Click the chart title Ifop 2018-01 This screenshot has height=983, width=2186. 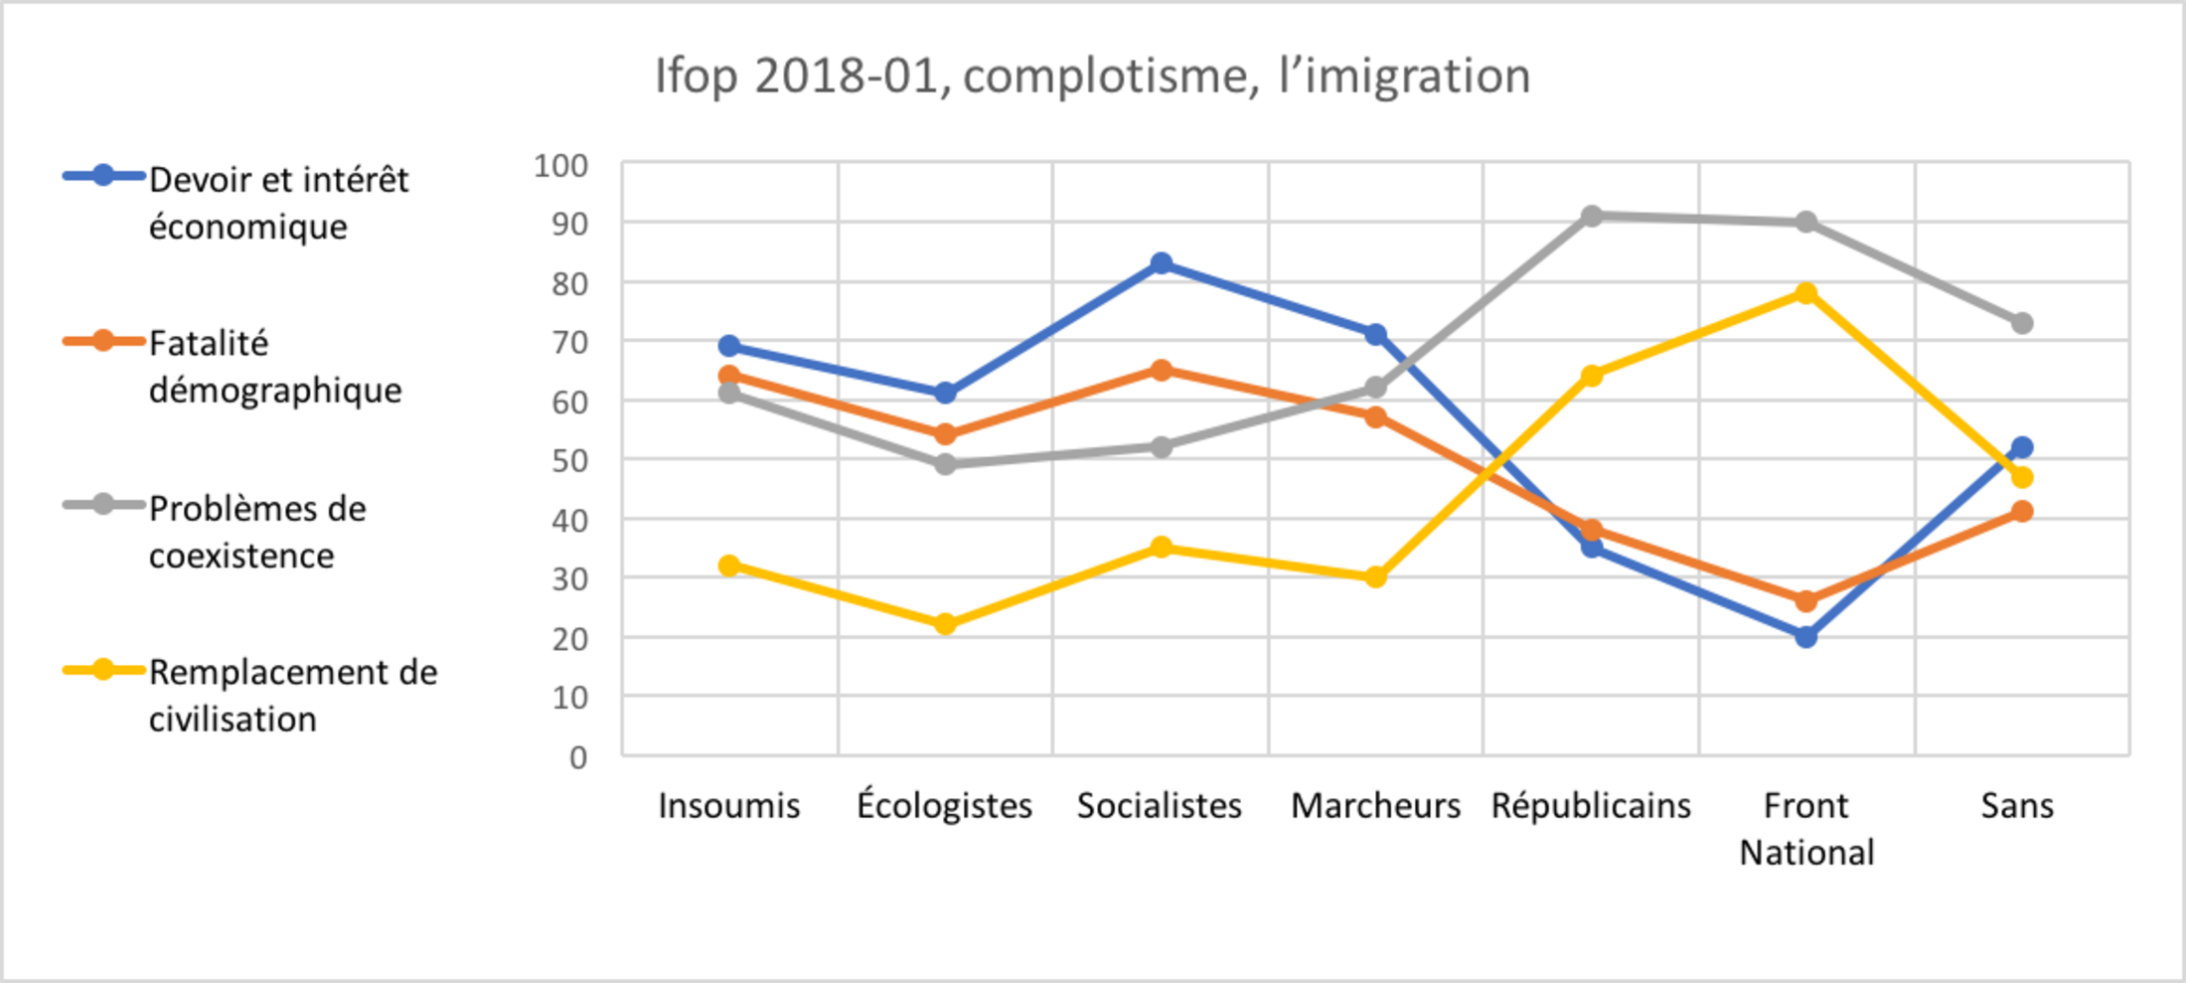pos(1091,77)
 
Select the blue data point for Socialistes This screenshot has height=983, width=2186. pos(1161,263)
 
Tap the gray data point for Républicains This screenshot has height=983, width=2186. pos(1591,216)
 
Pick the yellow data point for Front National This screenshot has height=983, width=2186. pos(1806,293)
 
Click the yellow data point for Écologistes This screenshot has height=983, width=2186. pos(945,624)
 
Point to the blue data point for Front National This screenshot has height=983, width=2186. pos(1806,636)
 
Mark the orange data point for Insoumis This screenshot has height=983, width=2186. pos(729,376)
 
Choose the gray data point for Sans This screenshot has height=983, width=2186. pos(2021,323)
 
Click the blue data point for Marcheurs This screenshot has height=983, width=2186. pos(1375,334)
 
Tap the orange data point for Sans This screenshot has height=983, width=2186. pos(2021,512)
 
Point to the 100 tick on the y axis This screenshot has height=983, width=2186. pos(561,166)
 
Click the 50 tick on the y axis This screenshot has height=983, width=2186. pos(569,461)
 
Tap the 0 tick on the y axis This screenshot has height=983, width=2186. pos(578,757)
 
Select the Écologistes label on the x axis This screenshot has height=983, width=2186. pos(945,805)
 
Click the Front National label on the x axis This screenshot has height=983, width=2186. pos(1806,828)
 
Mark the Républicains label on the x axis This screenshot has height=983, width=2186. pos(1591,805)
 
